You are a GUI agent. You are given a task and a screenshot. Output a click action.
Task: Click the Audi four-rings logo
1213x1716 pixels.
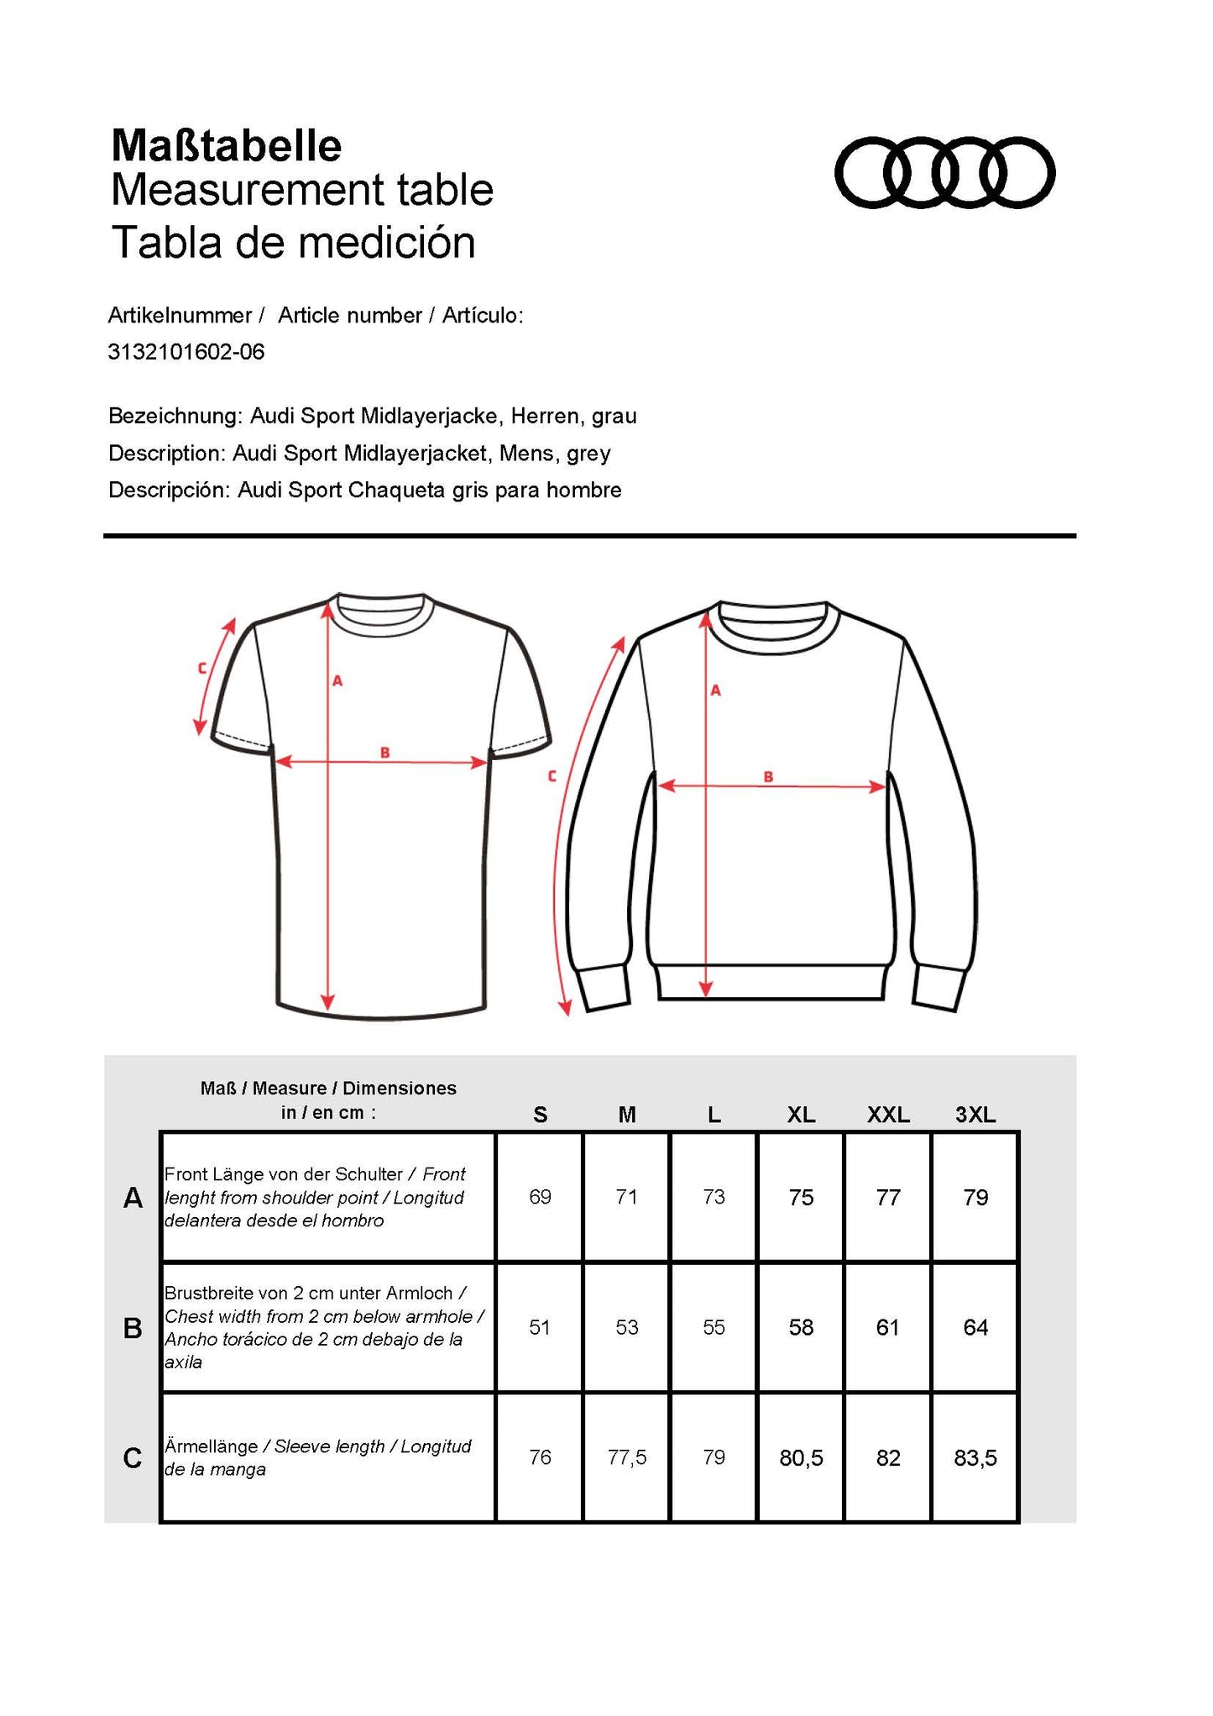(944, 172)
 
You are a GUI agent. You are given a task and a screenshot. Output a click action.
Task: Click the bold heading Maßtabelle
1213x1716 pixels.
(227, 146)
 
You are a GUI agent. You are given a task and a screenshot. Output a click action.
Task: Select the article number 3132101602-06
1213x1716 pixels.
(186, 352)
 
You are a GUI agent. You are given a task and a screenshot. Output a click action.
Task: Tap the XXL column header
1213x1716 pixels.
(888, 1115)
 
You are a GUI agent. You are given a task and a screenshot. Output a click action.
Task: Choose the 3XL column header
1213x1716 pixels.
(975, 1115)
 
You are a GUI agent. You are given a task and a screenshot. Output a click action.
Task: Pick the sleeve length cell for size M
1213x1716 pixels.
(627, 1457)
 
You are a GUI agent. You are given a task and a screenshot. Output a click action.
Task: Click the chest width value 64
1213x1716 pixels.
(975, 1327)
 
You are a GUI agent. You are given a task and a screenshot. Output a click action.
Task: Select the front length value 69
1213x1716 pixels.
(540, 1197)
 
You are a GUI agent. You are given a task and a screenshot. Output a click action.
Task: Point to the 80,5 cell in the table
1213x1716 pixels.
(801, 1457)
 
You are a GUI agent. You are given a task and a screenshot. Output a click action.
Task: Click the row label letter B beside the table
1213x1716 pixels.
(133, 1328)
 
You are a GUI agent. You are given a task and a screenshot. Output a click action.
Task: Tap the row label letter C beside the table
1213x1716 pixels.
(133, 1458)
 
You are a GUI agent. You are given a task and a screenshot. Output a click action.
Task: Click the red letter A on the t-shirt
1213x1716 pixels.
(337, 681)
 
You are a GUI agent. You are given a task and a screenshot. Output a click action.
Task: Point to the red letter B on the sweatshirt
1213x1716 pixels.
(768, 777)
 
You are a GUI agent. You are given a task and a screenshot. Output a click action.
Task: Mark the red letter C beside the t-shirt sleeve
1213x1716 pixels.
(202, 669)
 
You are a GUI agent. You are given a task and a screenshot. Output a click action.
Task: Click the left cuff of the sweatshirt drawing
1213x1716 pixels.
(603, 988)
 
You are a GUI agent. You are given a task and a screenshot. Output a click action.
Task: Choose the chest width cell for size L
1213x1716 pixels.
(714, 1327)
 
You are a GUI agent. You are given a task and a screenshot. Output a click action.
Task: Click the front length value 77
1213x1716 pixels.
(888, 1197)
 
